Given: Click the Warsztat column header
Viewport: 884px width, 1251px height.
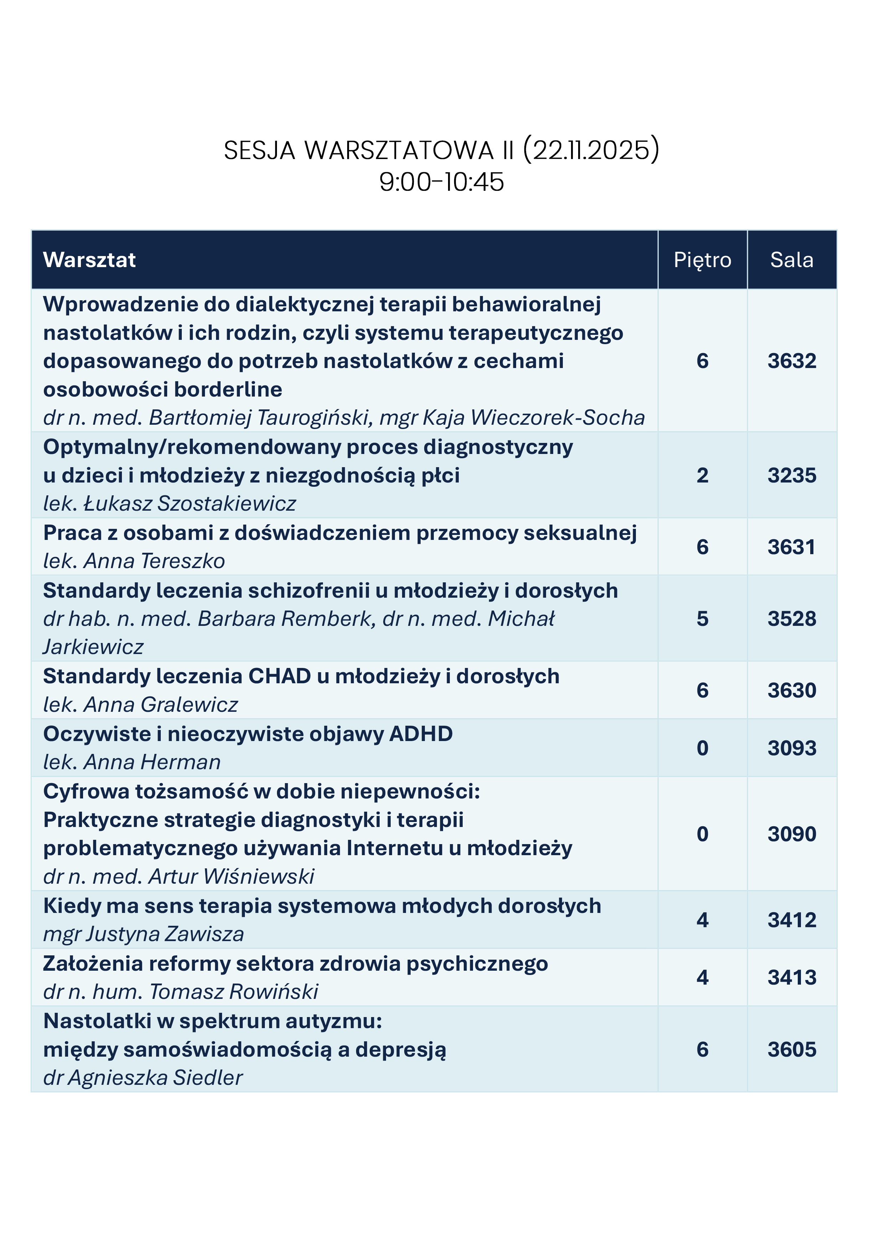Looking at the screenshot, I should point(89,260).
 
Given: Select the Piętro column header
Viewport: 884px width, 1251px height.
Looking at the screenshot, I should point(702,260).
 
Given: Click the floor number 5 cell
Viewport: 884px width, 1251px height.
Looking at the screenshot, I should point(702,618).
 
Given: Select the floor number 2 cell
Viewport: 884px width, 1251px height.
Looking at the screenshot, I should point(702,475).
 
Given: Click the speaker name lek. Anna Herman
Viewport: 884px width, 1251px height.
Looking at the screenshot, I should point(132,762).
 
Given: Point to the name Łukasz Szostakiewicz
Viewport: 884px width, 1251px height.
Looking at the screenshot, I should point(190,504).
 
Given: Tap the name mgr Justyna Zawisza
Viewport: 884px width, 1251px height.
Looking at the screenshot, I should point(143,934).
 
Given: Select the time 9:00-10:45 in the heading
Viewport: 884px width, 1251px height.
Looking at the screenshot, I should point(441,182).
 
